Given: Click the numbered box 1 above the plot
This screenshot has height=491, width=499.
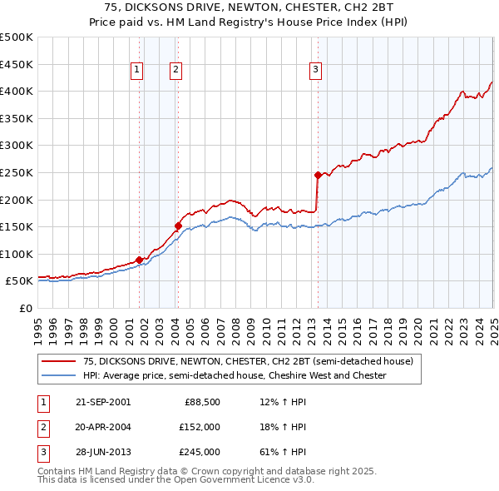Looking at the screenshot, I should point(136,71).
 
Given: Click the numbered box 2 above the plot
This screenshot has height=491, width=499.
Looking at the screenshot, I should point(176,71).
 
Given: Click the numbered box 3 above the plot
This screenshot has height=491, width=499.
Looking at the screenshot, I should point(316,71).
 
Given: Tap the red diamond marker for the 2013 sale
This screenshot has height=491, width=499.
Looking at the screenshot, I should point(318,175).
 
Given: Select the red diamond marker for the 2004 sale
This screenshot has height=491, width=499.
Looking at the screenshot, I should point(178,226).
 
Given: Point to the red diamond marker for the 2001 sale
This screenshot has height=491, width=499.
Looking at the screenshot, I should point(139,260).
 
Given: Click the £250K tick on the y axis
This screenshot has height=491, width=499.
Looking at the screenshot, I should point(17,172).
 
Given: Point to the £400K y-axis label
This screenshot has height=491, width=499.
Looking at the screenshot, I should point(17,91).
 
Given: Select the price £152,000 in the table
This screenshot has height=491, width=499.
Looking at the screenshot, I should point(200,428).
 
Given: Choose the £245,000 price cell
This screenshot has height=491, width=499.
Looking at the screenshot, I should point(200,452).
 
